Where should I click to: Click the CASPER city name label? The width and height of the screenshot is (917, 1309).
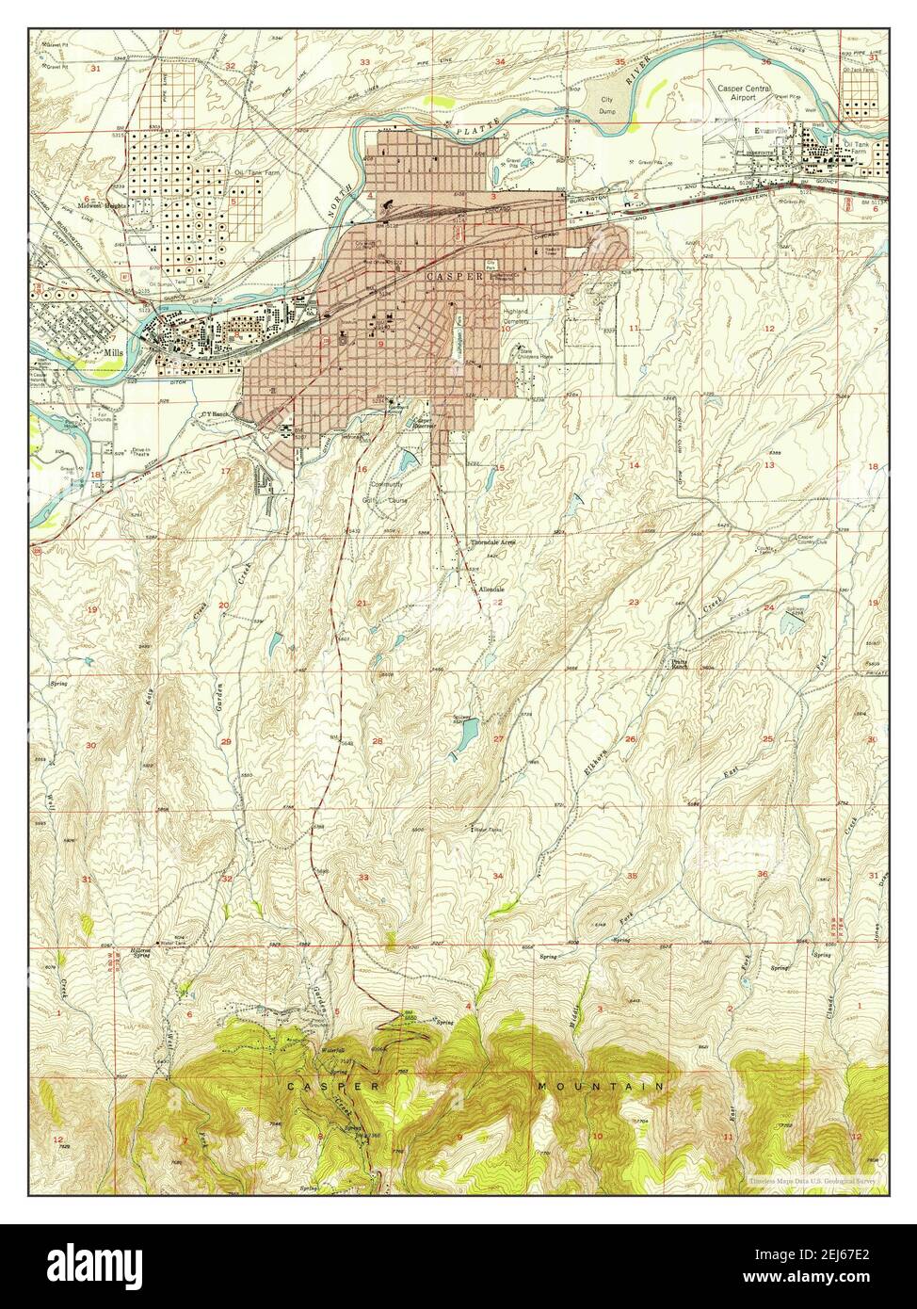point(455,277)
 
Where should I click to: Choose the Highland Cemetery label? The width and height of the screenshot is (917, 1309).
point(515,315)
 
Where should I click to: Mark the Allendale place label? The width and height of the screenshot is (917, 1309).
point(491,589)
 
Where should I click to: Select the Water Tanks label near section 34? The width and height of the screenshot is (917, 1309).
point(488,830)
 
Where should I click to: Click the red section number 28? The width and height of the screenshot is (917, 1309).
point(378,741)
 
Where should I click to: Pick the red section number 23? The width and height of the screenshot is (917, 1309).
point(634,603)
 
